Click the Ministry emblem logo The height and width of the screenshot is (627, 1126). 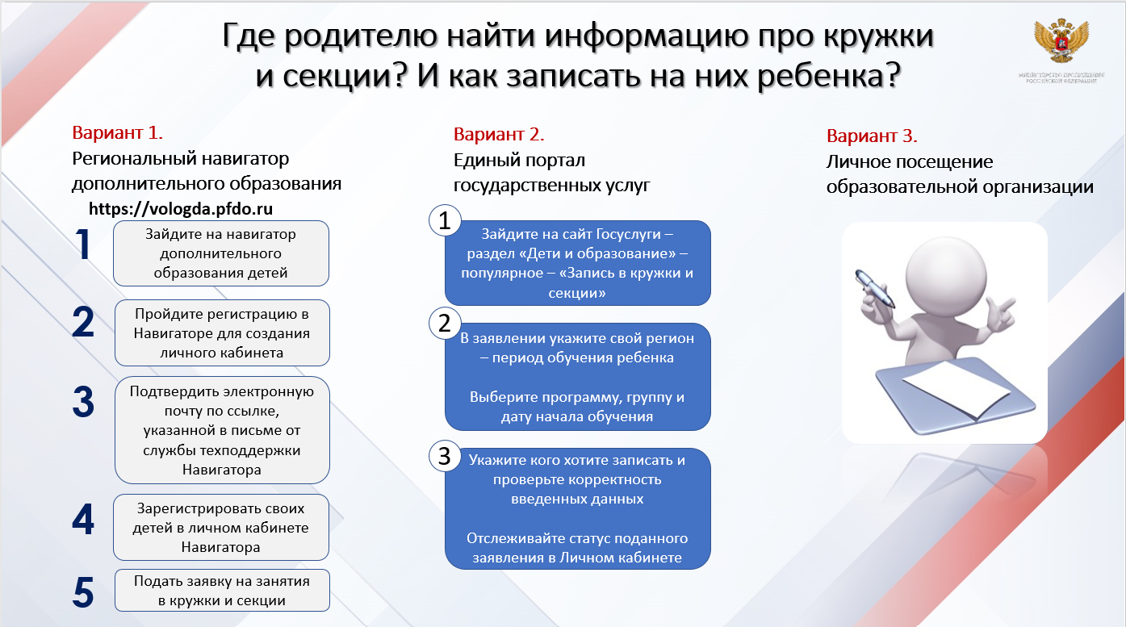(x=1060, y=44)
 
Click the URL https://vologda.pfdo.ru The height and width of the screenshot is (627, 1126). (x=181, y=209)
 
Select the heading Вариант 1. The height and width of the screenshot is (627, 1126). (x=118, y=133)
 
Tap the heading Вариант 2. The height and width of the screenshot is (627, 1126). (x=499, y=134)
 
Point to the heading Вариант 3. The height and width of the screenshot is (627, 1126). (x=872, y=136)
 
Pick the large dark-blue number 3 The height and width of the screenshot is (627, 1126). (x=83, y=402)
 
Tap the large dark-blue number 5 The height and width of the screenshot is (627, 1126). (x=83, y=591)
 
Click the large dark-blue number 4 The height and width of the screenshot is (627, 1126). (x=83, y=519)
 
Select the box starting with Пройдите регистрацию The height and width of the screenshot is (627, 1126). (x=222, y=333)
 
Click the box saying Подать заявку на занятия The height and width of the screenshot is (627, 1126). (x=222, y=591)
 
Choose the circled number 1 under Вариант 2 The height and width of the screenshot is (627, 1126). (x=444, y=220)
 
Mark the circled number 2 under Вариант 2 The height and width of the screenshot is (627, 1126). (x=444, y=323)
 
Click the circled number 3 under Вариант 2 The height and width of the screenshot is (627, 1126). (x=444, y=456)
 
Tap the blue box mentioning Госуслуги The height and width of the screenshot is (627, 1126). (x=577, y=263)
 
